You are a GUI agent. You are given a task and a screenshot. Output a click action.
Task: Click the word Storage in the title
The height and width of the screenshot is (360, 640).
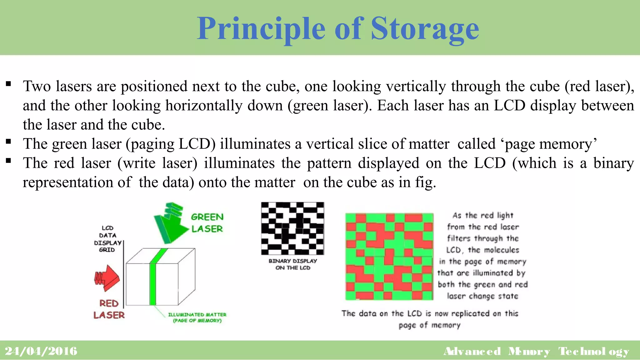coord(425,29)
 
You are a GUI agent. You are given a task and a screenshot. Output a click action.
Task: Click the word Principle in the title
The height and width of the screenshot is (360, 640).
coord(261,29)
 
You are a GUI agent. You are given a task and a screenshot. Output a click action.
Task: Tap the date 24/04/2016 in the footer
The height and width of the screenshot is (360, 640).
coord(41,351)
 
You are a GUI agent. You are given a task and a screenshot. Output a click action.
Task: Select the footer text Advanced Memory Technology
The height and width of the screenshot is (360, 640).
coord(536,351)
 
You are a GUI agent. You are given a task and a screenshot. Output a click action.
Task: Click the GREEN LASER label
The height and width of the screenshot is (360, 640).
coord(207,223)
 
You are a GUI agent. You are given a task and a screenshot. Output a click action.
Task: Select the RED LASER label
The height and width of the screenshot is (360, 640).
coord(109,309)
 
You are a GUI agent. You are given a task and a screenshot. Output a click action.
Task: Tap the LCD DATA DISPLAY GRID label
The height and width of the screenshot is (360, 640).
coord(107,239)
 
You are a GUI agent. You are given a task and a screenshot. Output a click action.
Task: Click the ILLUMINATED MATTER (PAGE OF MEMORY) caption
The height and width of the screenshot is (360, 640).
coord(197,317)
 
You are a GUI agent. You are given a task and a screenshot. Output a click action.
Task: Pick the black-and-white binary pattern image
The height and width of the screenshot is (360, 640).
coord(292,228)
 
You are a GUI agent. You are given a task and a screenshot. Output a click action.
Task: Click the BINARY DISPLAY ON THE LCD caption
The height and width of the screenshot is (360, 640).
coord(293,264)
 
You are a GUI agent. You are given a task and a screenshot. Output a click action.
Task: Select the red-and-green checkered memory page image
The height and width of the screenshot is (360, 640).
coord(389,257)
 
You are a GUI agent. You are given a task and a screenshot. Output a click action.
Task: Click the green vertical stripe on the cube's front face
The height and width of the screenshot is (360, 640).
coord(153,284)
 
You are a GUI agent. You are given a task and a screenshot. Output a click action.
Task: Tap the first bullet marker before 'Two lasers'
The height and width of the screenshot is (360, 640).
coord(8,84)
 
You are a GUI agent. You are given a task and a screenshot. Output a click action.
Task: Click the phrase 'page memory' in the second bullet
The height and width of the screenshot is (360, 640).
coord(551,144)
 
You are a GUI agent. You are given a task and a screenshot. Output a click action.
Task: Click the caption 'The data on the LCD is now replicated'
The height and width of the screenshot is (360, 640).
coord(430,313)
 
